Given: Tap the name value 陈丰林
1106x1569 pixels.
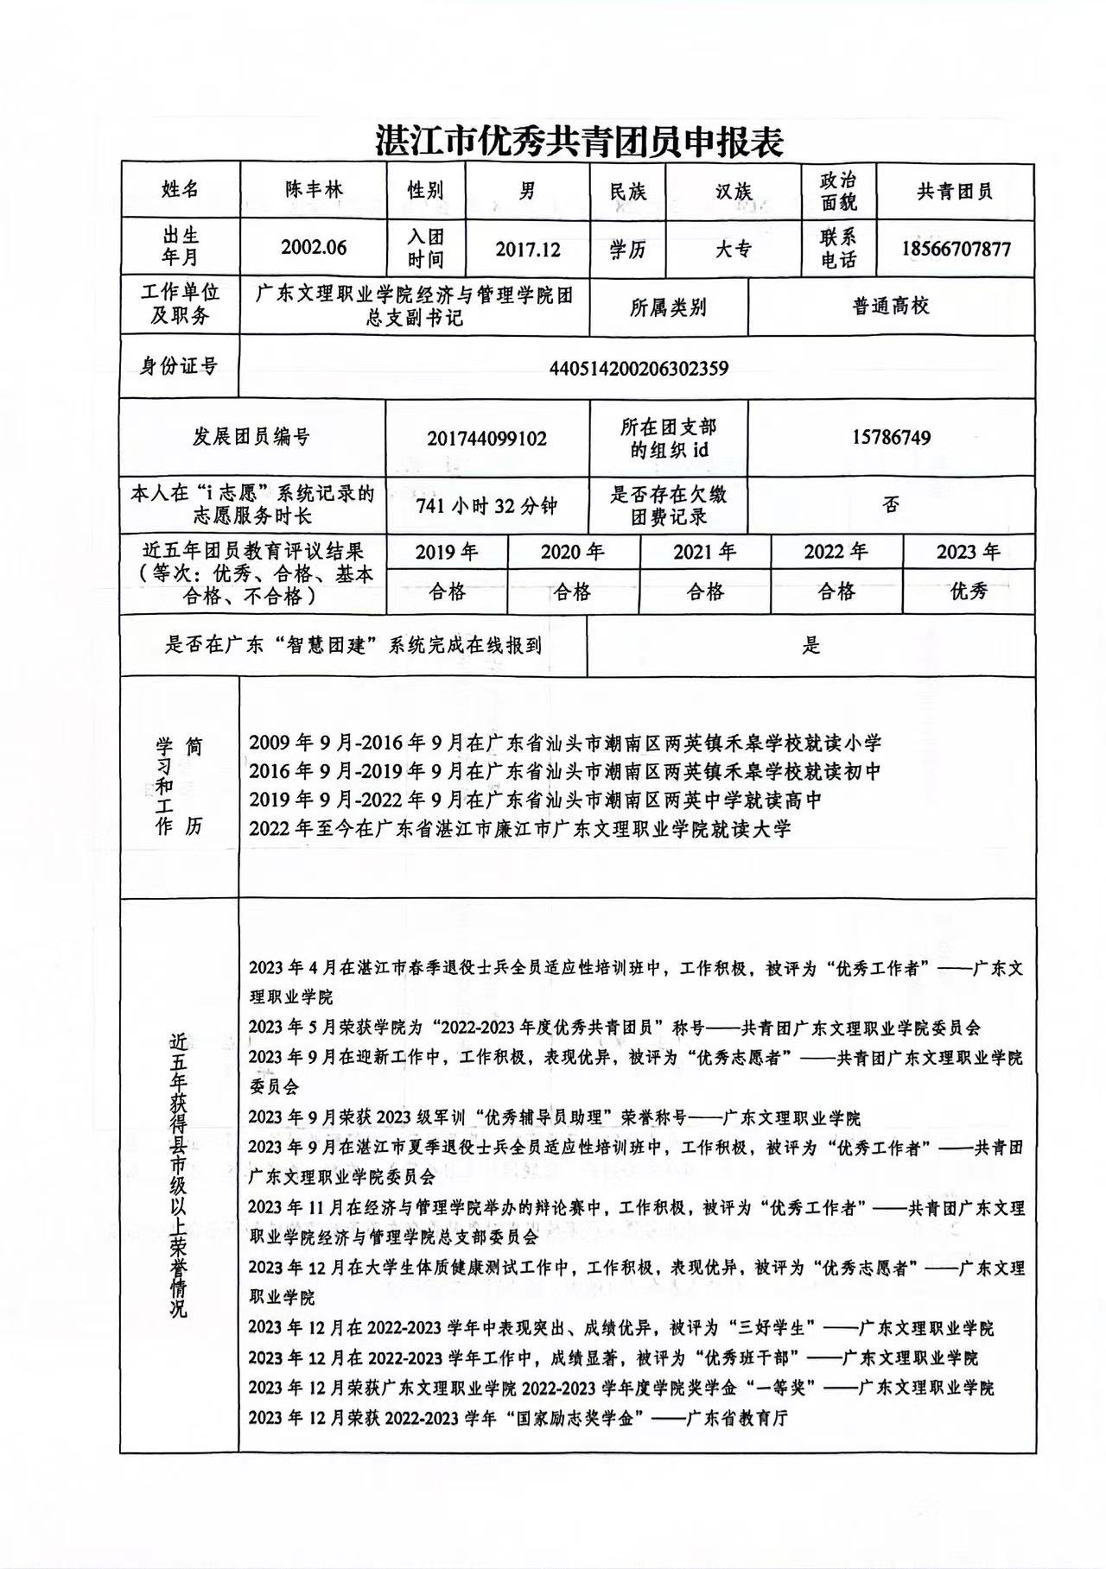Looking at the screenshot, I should (x=315, y=190).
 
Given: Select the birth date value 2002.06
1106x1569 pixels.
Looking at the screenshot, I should (x=314, y=248).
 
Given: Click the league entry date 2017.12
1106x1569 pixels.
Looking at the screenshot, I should (x=528, y=250).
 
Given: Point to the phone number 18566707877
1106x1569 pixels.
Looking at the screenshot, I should (x=956, y=250).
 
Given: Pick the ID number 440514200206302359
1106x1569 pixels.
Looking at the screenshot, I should (x=639, y=369).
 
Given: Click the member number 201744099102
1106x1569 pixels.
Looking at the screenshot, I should (x=486, y=439).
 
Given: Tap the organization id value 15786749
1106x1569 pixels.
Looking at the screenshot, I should (x=891, y=438).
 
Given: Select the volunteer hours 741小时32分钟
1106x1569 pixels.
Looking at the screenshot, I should (x=486, y=506).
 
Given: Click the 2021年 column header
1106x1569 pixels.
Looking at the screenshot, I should (x=704, y=552).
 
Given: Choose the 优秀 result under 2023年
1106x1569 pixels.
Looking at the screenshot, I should (x=969, y=592).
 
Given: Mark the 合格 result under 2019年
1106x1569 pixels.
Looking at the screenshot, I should (x=447, y=592).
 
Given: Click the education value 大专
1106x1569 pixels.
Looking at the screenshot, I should (x=734, y=250).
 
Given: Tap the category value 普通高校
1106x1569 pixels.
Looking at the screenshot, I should (x=891, y=306).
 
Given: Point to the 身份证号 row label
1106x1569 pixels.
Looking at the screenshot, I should (x=179, y=366).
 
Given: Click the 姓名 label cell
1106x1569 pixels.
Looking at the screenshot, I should (x=180, y=190).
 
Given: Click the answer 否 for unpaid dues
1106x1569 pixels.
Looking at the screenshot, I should (x=891, y=505).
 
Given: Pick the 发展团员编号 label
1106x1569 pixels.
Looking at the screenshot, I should (x=251, y=437).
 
